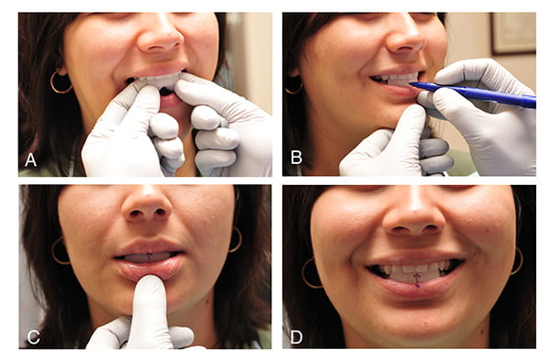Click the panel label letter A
[31, 160]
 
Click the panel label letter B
[296, 158]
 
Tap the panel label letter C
[33, 337]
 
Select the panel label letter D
[296, 337]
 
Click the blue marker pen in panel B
[474, 93]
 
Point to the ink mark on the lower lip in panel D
[417, 279]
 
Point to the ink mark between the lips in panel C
[149, 256]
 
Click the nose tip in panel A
[159, 38]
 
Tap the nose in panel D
[413, 217]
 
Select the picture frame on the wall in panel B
[512, 34]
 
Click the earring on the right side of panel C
[236, 240]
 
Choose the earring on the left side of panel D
[311, 273]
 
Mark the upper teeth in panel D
[414, 267]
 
